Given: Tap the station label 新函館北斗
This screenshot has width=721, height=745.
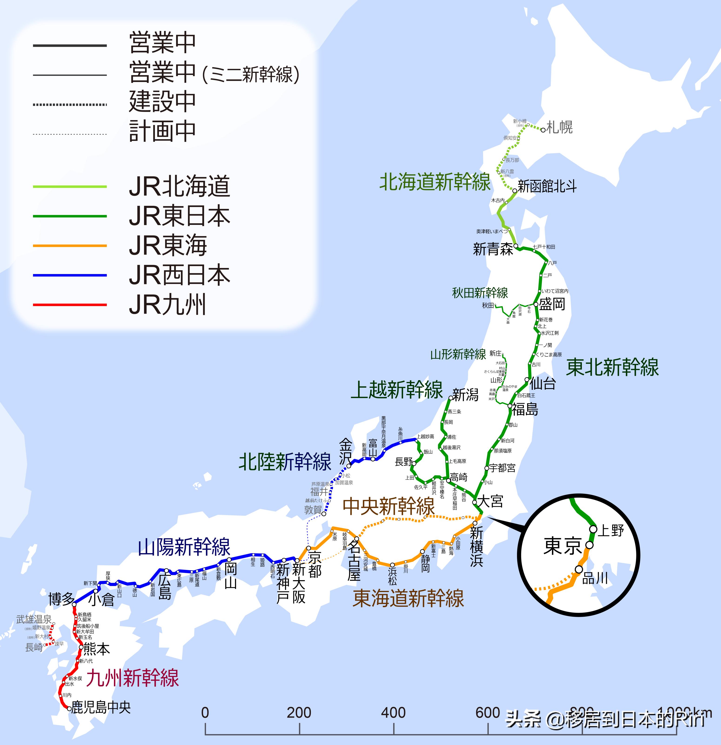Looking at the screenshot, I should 547,186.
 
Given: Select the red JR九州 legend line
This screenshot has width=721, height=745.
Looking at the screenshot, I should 70,305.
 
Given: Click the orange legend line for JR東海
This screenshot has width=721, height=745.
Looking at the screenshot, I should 70,246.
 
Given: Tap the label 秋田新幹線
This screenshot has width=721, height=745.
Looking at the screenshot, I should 480,293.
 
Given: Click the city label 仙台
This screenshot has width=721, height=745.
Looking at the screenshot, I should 543,383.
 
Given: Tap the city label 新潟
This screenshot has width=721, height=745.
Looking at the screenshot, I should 465,395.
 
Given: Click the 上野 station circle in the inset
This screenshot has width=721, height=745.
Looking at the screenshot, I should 593,529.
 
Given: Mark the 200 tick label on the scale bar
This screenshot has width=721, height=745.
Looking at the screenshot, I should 299,713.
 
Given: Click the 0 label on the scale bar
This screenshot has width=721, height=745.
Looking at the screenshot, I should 205,713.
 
